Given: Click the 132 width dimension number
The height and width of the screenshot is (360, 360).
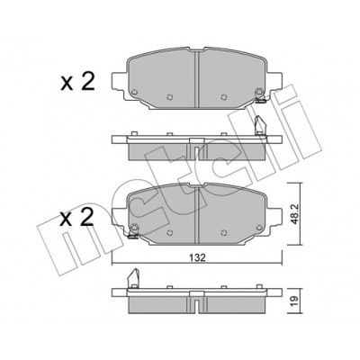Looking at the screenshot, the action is [197, 257].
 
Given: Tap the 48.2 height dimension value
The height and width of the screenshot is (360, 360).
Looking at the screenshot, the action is [294, 213].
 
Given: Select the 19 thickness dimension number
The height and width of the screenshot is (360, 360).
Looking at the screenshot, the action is [294, 299].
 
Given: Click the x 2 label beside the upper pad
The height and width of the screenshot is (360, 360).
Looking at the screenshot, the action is [77, 82].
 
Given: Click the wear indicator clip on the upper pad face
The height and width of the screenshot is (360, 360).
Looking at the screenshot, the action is [260, 95].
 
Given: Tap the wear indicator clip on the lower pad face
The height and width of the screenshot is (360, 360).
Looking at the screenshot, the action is [133, 232].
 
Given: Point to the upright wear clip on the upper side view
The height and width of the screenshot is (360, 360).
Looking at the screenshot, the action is [259, 125].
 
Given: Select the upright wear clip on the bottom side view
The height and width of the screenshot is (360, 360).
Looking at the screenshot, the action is [133, 278].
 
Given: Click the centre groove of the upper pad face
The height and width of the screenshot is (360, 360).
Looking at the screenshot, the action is [197, 79].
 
